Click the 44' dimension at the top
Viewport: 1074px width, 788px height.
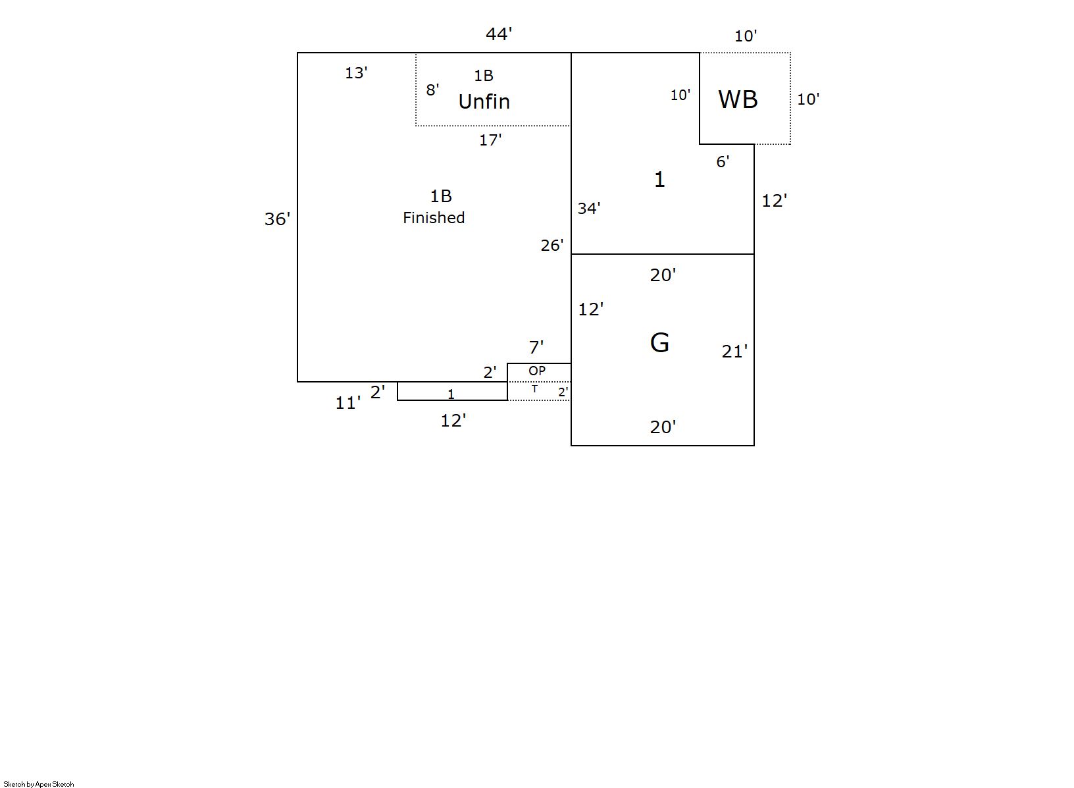tap(499, 34)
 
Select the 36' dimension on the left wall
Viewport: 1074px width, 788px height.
tap(277, 219)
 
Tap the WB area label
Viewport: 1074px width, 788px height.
tap(738, 99)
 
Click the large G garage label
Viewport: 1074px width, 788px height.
tap(659, 342)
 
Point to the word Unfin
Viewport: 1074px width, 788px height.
tap(484, 101)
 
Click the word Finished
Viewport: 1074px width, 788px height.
tap(434, 218)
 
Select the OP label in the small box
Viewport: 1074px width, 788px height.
tap(537, 371)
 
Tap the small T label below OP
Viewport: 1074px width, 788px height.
tap(534, 388)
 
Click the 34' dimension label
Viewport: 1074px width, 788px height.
tap(589, 208)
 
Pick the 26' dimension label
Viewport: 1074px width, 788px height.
tap(552, 245)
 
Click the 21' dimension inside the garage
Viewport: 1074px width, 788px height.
tap(734, 352)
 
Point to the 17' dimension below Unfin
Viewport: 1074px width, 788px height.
tap(490, 140)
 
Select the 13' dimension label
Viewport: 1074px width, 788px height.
tap(356, 73)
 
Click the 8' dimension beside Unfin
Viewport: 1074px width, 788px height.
tap(432, 90)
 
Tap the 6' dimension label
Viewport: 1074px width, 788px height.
tap(723, 162)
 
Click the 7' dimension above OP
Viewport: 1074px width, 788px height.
tap(536, 347)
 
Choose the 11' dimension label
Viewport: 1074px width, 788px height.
tap(347, 403)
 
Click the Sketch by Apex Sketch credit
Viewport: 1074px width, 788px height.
tap(39, 784)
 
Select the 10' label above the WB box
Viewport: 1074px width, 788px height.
tap(746, 36)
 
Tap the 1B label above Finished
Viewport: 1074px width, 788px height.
tap(441, 196)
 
